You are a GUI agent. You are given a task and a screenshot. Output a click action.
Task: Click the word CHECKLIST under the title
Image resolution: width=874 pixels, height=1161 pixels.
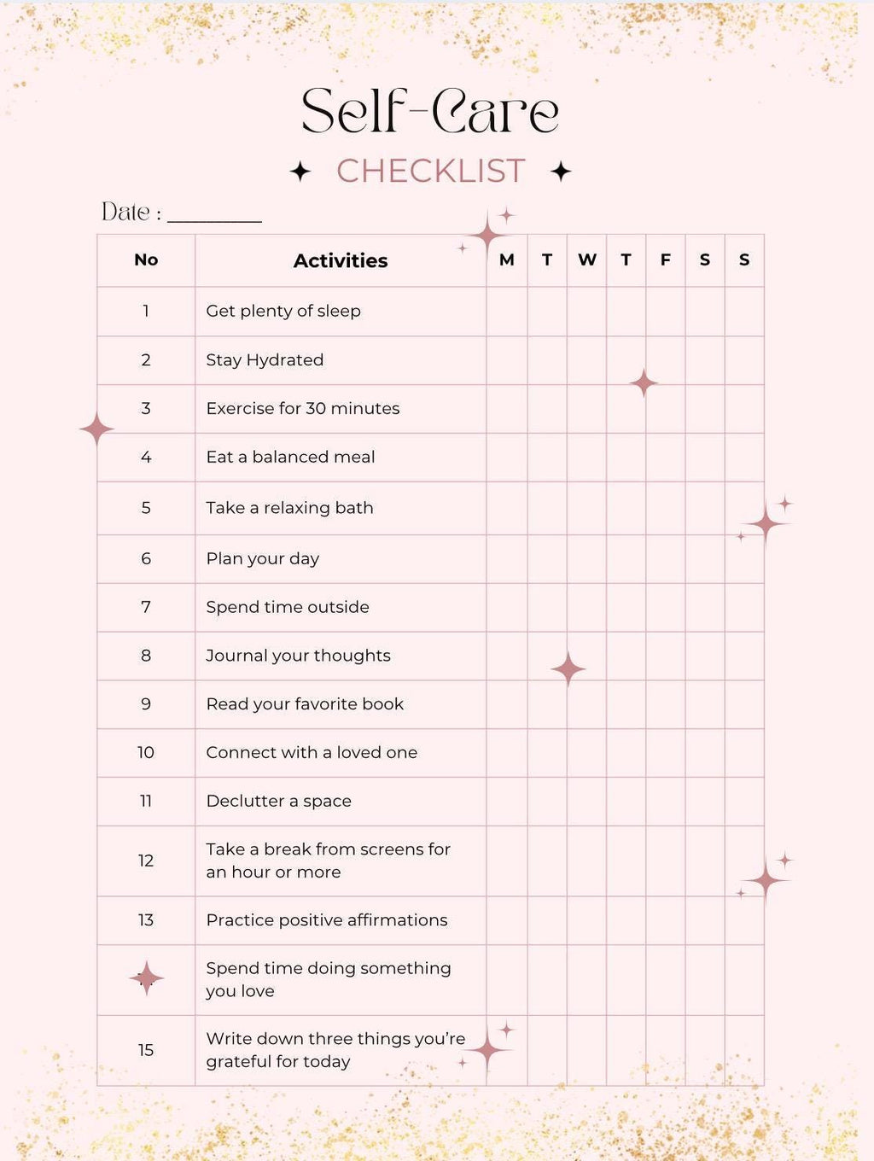[x=430, y=172]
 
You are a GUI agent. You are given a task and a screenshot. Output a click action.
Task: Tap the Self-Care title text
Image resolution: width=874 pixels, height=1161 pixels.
[x=430, y=112]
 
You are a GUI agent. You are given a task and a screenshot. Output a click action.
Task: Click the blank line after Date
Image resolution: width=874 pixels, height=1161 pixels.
[x=214, y=215]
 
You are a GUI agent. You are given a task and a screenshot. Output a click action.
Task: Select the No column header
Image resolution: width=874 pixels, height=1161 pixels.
[x=146, y=260]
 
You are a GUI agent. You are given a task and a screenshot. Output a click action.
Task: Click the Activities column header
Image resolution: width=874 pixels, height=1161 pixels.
[x=341, y=260]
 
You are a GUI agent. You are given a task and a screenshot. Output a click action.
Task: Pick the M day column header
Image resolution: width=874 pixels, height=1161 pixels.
[x=507, y=260]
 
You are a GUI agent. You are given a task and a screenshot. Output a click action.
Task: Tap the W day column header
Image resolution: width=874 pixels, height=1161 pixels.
[x=587, y=260]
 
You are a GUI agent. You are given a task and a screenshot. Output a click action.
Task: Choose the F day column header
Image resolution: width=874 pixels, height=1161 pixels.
[x=666, y=260]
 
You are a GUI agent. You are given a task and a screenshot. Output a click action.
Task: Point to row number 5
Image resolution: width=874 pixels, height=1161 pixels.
[x=146, y=508]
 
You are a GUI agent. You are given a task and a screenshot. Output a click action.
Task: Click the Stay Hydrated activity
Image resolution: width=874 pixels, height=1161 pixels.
[x=265, y=360]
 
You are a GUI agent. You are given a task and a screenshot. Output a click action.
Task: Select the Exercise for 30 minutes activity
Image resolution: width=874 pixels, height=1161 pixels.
[x=303, y=409]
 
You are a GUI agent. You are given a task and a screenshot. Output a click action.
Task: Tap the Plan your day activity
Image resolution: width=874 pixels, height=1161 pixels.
[x=263, y=559]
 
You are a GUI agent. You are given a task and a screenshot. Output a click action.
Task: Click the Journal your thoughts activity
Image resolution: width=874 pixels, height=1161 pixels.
[x=299, y=656]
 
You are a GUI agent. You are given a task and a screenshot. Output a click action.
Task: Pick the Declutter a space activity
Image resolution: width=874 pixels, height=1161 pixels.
[x=279, y=801]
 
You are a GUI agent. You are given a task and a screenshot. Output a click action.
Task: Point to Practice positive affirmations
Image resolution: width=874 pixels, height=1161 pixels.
[x=327, y=920]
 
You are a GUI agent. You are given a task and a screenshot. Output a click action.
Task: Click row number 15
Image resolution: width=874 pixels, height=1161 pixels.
[x=146, y=1050]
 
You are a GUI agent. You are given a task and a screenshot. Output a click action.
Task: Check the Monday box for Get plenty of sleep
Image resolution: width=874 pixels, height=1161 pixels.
[x=507, y=312]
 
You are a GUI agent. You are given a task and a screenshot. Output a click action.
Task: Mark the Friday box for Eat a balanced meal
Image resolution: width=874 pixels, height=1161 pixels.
[x=666, y=458]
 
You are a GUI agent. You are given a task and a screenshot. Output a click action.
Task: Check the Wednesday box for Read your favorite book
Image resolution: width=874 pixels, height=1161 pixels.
[x=587, y=704]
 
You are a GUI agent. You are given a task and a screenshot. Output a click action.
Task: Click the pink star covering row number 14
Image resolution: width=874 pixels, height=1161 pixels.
[x=146, y=978]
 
